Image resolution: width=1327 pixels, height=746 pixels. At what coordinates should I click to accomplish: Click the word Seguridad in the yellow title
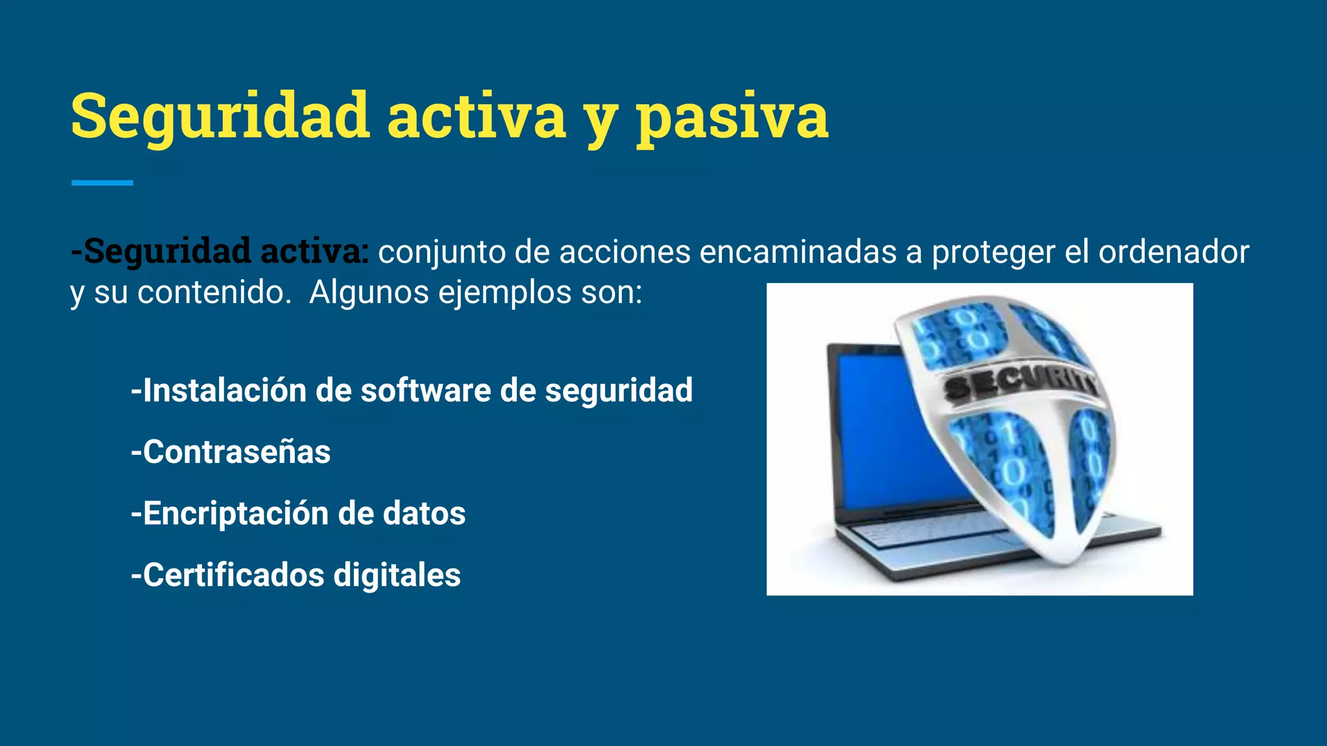click(220, 117)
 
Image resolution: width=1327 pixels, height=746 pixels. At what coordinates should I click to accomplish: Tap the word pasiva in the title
click(732, 117)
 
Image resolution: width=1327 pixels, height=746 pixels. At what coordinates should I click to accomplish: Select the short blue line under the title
click(102, 183)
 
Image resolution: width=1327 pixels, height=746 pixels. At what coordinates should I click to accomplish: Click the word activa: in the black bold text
click(314, 251)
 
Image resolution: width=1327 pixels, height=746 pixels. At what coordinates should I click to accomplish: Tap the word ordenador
click(1173, 252)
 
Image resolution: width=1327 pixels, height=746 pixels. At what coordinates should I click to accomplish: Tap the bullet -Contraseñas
click(231, 452)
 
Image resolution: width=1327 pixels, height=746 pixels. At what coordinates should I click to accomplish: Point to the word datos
click(424, 514)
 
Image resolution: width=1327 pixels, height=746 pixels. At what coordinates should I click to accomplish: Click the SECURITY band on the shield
click(1021, 385)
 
